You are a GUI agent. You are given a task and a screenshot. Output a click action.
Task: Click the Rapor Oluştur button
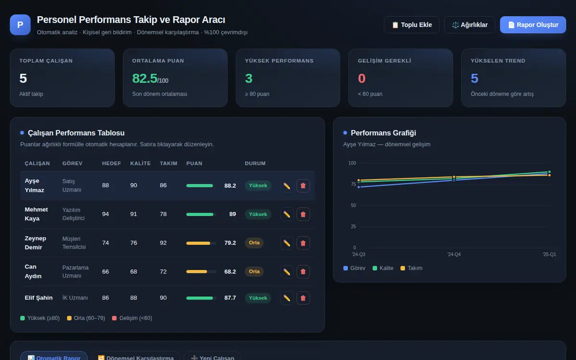533,24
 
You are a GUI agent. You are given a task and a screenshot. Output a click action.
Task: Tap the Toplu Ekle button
411,24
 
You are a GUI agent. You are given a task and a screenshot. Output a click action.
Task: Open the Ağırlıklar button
469,24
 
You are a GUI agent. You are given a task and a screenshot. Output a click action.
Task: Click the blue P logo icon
20,24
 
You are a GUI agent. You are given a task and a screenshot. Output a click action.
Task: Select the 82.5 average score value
144,78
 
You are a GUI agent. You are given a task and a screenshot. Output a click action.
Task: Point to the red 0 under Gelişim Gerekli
361,78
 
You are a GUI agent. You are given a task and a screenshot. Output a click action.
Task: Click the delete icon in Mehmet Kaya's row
303,214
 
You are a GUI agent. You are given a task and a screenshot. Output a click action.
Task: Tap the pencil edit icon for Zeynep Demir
287,243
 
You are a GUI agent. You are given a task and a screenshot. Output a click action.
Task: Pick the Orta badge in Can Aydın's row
254,272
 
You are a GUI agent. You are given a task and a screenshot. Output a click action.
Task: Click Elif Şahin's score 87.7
230,298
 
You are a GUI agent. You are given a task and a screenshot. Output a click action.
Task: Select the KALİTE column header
140,163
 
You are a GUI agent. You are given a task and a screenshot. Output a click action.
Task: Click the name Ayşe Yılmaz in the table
35,185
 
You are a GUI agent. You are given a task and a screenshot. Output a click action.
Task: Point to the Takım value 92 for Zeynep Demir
163,243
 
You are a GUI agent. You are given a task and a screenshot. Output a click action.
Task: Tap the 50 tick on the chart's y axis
353,205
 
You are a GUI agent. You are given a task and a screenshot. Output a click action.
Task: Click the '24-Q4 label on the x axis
454,254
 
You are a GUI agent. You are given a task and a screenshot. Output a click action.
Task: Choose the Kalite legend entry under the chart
383,268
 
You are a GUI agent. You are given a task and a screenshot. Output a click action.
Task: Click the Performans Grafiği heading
383,133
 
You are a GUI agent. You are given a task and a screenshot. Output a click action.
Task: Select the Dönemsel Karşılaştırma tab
136,358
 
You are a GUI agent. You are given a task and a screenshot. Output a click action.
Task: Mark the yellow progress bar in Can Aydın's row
196,272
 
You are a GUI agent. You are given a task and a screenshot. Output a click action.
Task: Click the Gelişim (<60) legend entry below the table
132,318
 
